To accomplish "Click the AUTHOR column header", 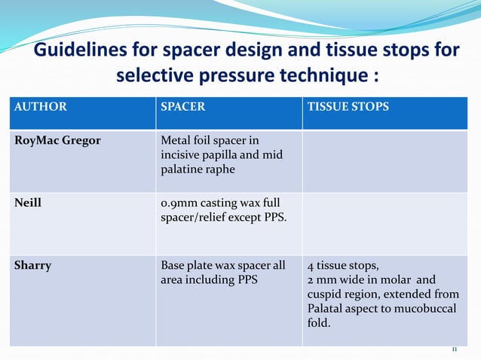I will coord(40,107).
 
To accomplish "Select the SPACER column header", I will coord(182,107).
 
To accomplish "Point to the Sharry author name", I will coord(33,265).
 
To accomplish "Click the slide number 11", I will coord(454,350).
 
